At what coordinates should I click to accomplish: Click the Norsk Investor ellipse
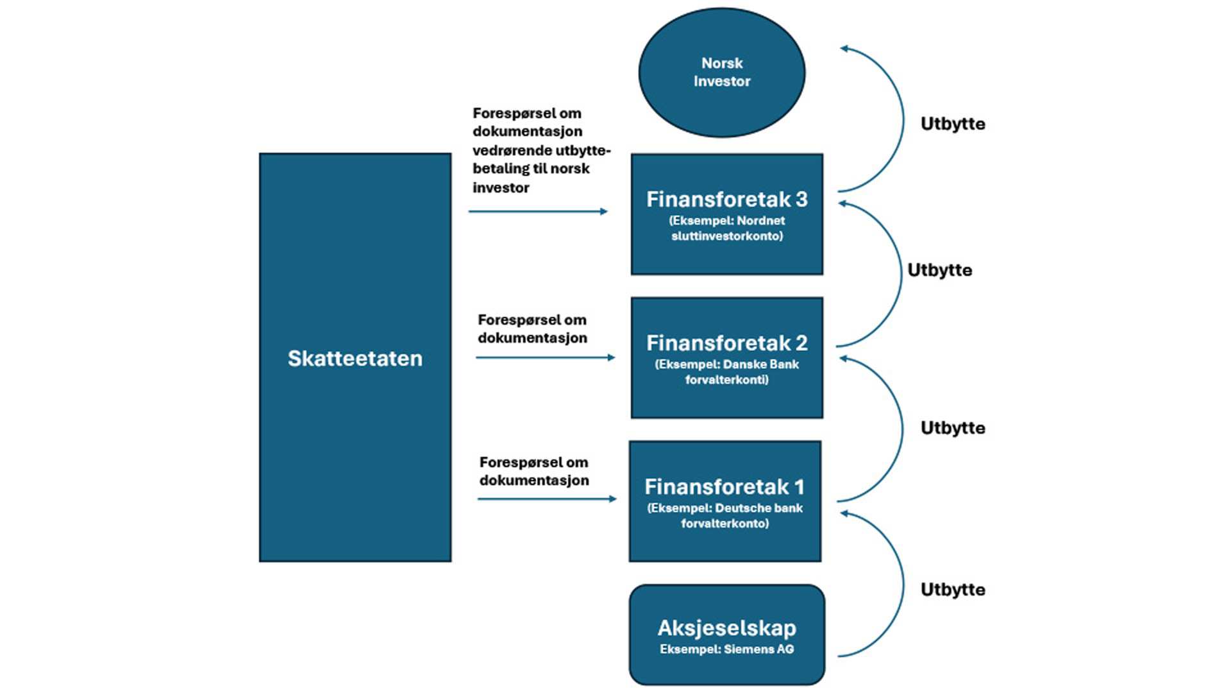[721, 72]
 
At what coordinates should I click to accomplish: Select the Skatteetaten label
[355, 358]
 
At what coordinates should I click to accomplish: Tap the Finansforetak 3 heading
[726, 200]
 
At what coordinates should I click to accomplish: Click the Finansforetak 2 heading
[726, 343]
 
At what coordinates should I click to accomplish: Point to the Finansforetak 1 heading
[724, 487]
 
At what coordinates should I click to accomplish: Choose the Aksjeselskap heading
[726, 628]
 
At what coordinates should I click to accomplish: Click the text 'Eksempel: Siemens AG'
[726, 649]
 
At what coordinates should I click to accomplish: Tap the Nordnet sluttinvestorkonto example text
[726, 228]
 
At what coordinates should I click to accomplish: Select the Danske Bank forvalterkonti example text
[726, 372]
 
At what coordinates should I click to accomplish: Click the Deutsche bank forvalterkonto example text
[724, 516]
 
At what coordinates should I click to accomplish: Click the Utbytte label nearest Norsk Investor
[953, 124]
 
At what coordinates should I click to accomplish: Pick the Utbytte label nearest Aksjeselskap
[953, 590]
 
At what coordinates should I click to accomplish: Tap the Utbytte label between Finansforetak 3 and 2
[939, 270]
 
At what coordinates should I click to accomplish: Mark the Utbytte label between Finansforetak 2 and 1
[953, 428]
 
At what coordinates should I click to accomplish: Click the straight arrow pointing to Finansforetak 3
[537, 211]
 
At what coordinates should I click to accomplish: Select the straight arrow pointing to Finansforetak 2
[545, 357]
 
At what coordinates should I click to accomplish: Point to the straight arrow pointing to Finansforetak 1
[546, 499]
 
